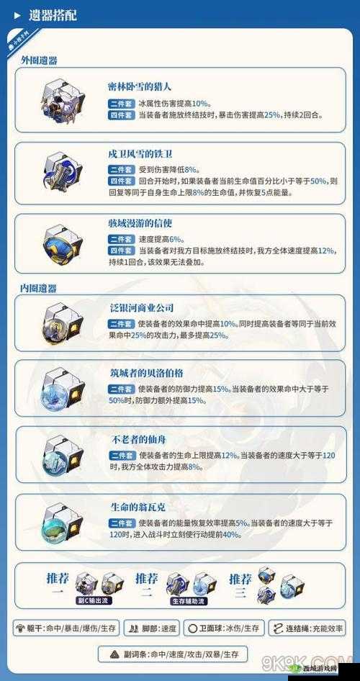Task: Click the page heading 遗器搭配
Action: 53,15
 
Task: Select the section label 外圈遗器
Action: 39,60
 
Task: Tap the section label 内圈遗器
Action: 39,288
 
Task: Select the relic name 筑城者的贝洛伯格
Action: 147,373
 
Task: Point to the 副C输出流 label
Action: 94,600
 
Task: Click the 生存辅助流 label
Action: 187,600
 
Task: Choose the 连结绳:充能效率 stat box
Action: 307,628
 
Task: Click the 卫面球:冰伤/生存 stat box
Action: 222,628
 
